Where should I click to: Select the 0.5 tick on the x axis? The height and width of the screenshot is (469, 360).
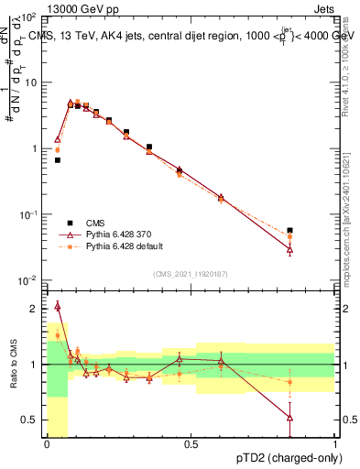[191, 444]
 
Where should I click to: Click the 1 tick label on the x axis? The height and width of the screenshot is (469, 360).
[335, 444]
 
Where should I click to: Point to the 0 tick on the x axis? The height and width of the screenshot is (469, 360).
[46, 444]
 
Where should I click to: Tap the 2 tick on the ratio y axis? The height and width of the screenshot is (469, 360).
[35, 309]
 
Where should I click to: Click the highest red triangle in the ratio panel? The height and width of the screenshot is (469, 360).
[58, 306]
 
